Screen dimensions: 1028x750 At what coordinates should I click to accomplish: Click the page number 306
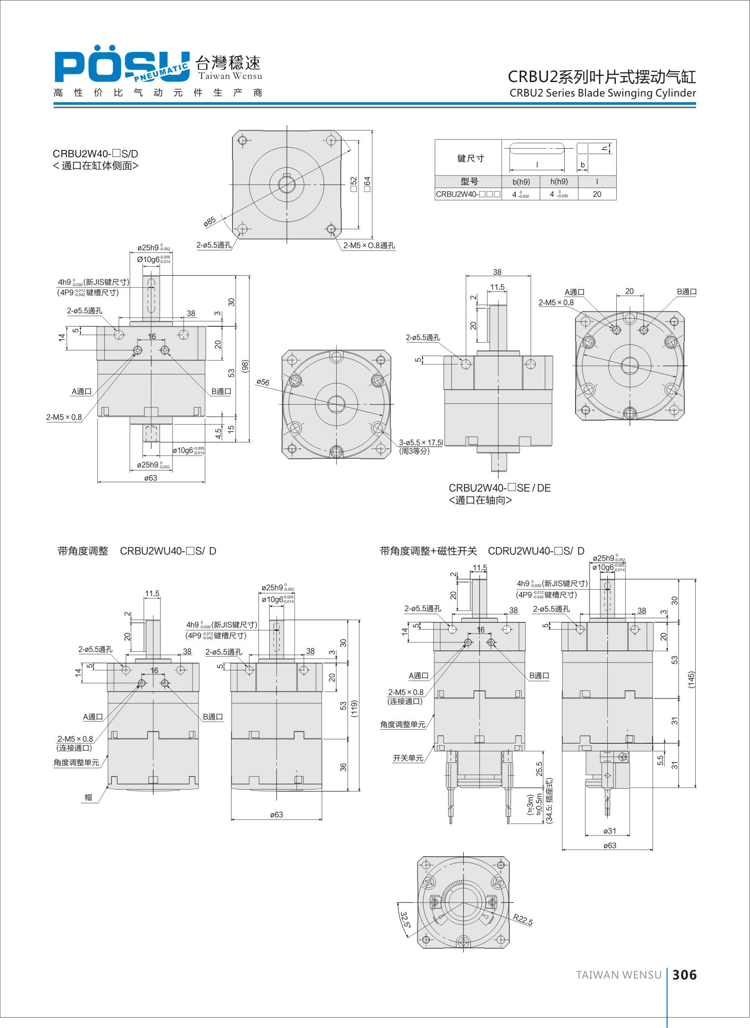coord(684,975)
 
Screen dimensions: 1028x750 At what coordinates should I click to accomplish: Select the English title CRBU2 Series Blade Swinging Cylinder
coord(602,93)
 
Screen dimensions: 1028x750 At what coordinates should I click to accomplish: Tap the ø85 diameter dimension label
coord(210,222)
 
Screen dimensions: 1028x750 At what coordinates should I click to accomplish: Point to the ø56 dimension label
coord(263,382)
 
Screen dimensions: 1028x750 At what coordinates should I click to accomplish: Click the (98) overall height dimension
coord(245,366)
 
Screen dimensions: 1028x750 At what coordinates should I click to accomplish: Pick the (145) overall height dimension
coord(691,679)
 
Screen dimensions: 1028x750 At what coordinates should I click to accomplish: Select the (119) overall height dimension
coord(354,708)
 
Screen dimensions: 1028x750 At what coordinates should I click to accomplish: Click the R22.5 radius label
coord(523,920)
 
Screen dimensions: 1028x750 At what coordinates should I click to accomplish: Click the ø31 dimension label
coord(610,831)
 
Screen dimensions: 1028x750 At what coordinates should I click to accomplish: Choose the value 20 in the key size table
coord(596,194)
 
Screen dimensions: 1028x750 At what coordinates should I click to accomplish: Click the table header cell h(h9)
coord(559,182)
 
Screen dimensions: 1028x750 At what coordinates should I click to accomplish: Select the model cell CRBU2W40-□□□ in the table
coord(468,194)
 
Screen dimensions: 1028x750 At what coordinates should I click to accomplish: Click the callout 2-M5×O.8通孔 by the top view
coord(368,246)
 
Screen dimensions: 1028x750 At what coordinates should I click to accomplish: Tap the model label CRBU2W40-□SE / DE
coord(499,488)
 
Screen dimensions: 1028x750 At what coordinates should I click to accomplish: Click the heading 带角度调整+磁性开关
coord(429,551)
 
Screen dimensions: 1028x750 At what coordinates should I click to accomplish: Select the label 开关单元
coord(408,758)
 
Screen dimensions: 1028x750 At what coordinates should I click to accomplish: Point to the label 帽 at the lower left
coord(88,797)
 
